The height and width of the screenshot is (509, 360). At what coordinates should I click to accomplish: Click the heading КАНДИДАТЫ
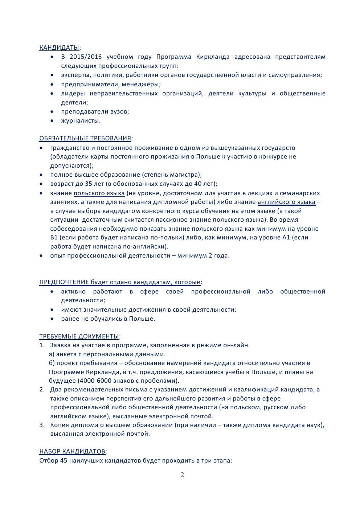(59, 48)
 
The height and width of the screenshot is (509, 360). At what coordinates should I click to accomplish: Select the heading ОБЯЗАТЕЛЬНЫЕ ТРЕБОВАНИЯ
(85, 138)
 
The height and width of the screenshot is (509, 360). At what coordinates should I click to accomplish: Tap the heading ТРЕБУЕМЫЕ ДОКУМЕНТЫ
(79, 336)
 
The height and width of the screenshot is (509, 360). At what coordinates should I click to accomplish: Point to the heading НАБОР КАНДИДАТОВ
(72, 451)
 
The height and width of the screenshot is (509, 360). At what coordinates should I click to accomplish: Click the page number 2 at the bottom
(182, 475)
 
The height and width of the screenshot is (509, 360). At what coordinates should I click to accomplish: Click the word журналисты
(81, 120)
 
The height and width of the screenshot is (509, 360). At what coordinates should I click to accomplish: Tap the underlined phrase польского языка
(99, 193)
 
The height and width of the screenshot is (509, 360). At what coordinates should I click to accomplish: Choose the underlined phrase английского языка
(286, 202)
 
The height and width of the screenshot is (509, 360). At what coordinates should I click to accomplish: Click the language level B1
(54, 238)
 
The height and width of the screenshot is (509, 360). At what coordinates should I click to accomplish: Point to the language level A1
(286, 238)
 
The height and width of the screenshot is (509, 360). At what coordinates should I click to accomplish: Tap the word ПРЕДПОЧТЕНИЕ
(64, 282)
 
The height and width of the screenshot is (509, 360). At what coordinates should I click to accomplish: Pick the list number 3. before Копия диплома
(42, 425)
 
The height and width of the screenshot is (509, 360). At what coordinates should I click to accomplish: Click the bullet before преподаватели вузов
(53, 111)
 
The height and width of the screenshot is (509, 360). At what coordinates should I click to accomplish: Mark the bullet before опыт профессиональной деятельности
(42, 255)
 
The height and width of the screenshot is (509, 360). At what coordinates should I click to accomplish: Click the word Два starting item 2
(56, 389)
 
